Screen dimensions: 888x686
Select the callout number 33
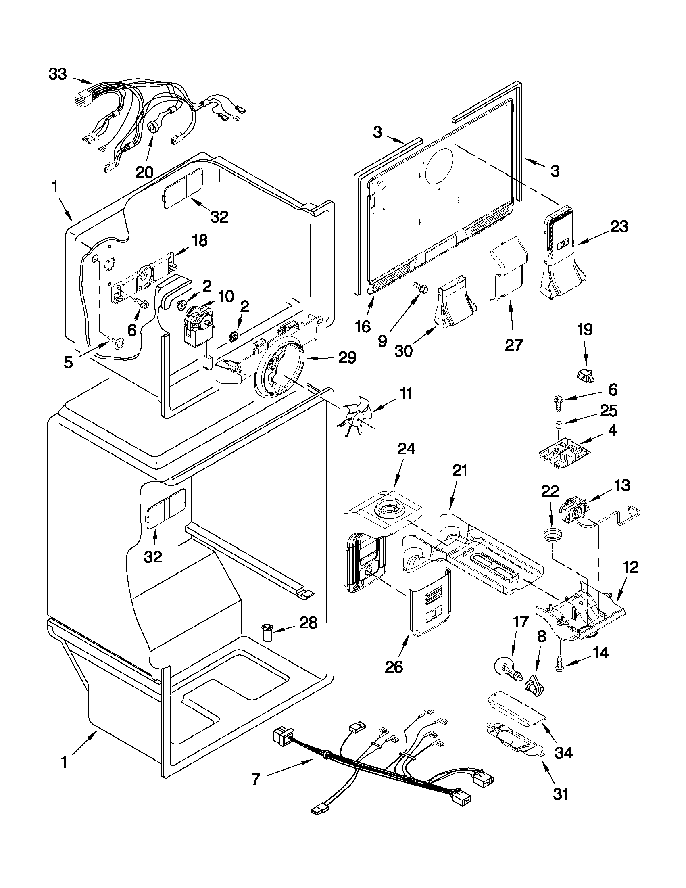[x=58, y=74]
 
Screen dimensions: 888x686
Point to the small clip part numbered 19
[x=585, y=375]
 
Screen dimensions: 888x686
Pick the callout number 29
[x=346, y=358]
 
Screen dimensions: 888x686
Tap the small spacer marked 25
[x=559, y=426]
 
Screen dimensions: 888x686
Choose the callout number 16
[x=363, y=326]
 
